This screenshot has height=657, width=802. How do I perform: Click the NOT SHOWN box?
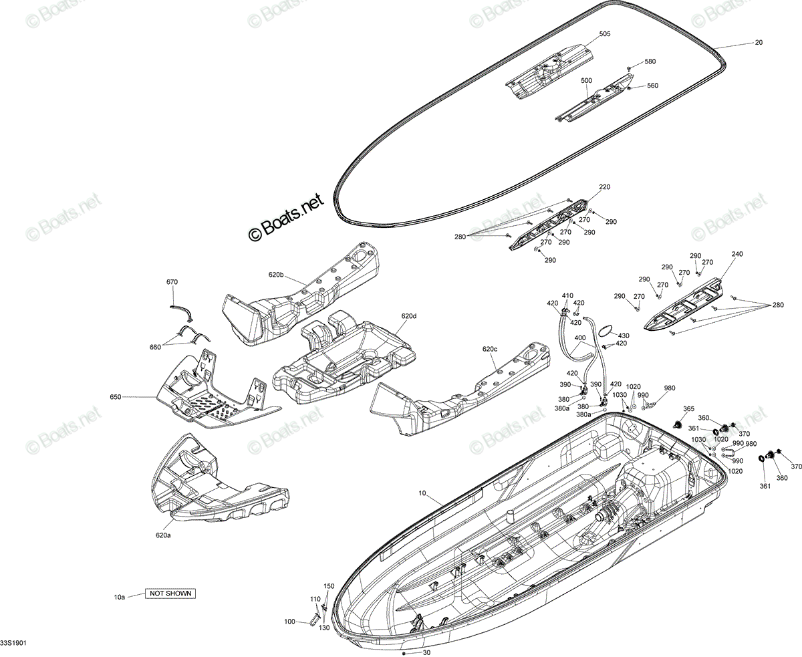click(170, 594)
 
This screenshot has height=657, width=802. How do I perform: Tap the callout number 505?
click(604, 34)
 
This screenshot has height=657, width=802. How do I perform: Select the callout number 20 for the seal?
click(759, 43)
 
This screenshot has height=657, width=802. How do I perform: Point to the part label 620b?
click(276, 275)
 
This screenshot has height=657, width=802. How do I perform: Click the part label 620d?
click(409, 316)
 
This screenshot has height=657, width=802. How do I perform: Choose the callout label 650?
click(115, 397)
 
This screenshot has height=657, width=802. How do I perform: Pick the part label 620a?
click(163, 535)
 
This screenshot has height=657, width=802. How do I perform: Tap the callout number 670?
click(172, 282)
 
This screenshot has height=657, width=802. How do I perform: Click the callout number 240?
click(737, 254)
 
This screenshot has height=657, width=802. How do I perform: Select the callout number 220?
click(604, 186)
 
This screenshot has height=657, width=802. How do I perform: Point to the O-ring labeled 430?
click(606, 331)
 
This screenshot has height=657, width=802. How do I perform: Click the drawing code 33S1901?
click(13, 643)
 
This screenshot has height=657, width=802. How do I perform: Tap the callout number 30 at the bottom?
click(426, 652)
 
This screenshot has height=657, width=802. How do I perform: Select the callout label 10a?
click(120, 597)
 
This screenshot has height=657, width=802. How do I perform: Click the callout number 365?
click(688, 409)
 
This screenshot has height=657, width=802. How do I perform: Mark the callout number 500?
click(586, 81)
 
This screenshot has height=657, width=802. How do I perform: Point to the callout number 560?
click(652, 86)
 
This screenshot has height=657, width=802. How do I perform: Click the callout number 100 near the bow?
click(290, 622)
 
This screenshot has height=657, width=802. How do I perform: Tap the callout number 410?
click(568, 295)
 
